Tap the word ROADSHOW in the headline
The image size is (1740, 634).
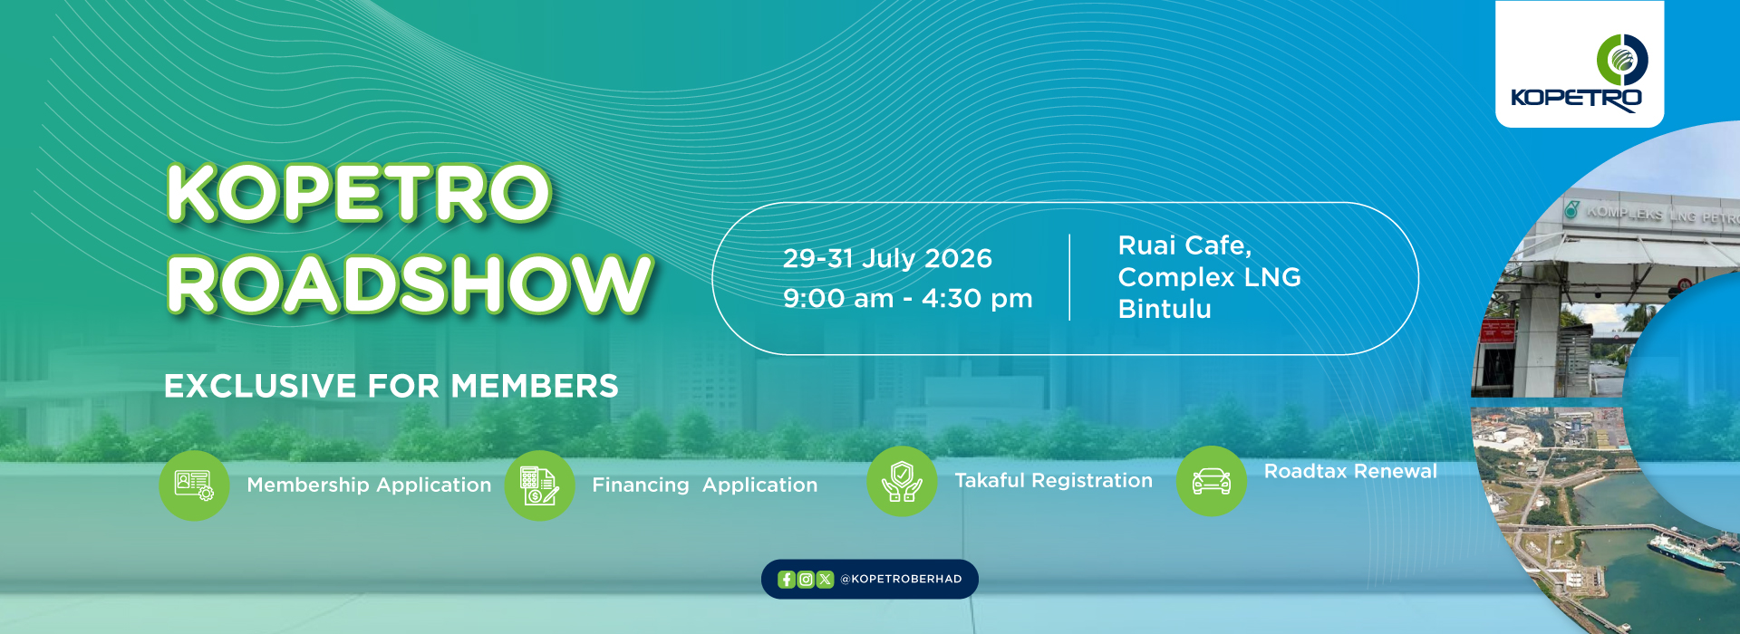(409, 284)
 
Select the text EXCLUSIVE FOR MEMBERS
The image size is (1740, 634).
(391, 387)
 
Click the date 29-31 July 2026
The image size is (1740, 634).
(887, 259)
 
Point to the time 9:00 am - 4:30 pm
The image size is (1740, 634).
(908, 299)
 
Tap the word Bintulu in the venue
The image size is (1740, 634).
(1165, 309)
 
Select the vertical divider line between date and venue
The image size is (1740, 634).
(1070, 277)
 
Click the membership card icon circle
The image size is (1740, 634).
(194, 485)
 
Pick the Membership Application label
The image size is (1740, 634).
(369, 485)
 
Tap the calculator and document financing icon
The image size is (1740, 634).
(540, 485)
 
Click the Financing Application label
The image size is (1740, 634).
(705, 485)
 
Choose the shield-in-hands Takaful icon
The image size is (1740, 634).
(902, 481)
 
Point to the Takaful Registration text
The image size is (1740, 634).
(1054, 481)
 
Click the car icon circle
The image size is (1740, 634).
(1212, 481)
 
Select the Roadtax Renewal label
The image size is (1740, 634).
(1350, 471)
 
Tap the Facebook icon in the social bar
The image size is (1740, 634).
(786, 580)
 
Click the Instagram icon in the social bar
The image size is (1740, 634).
(806, 580)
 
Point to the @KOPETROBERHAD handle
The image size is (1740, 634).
(901, 580)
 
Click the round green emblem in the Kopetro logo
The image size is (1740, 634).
(1622, 60)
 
